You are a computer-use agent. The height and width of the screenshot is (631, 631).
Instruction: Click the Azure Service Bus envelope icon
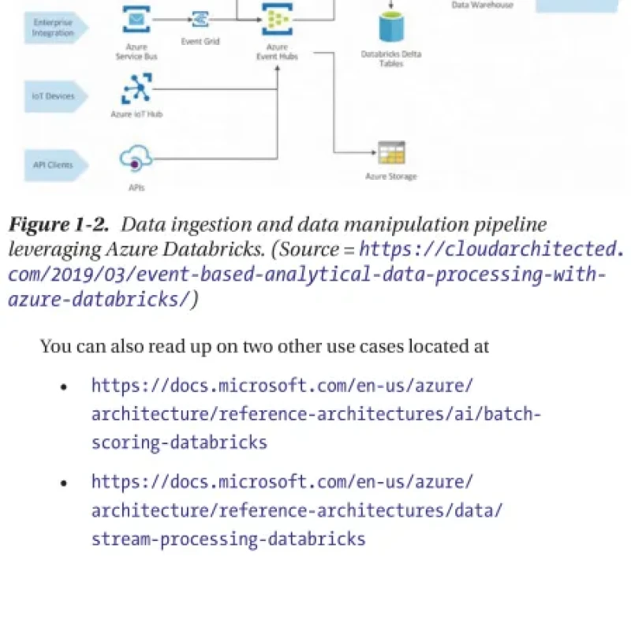[137, 18]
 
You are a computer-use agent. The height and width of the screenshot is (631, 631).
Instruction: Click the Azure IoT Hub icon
[136, 88]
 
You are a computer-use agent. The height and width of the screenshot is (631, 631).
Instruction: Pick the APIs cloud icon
[135, 160]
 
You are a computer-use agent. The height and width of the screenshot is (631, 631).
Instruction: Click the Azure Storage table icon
[390, 152]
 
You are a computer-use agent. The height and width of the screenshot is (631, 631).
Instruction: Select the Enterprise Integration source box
[54, 28]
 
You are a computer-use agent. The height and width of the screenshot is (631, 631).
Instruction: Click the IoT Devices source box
[54, 96]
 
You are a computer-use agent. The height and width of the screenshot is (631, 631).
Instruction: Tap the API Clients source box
[54, 165]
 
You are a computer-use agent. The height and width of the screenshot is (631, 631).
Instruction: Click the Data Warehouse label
[481, 5]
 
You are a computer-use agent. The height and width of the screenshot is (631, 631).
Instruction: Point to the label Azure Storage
[390, 177]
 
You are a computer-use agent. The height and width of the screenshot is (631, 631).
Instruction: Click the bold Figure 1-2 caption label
[58, 226]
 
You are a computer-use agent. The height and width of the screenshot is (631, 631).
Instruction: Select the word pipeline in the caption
[505, 226]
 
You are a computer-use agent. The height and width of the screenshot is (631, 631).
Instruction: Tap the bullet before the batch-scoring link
[65, 387]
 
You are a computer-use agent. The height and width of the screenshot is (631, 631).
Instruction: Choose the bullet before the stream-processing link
[65, 483]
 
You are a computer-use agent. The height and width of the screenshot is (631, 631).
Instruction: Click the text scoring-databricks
[179, 442]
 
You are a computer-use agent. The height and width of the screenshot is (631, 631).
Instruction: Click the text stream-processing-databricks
[228, 539]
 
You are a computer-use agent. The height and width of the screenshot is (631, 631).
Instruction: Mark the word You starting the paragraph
[54, 346]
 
